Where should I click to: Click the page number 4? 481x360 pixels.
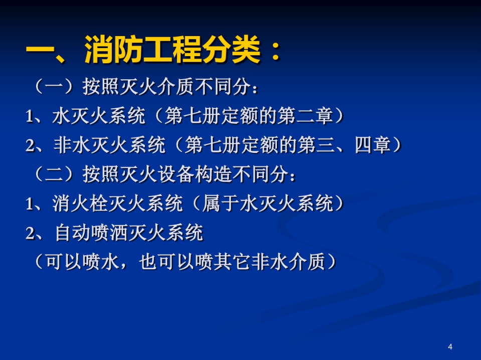(450, 347)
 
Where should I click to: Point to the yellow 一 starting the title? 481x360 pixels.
(39, 50)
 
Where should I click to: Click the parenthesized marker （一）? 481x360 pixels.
(54, 86)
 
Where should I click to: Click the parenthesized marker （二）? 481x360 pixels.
(54, 174)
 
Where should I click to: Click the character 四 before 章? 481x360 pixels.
(364, 145)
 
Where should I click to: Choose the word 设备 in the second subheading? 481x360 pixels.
(176, 174)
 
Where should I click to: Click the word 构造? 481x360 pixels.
(213, 174)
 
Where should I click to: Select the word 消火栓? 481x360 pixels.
(80, 204)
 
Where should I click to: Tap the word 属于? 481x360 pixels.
(220, 204)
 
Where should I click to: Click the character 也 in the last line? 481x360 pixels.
(148, 262)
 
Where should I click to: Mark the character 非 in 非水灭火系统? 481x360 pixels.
(63, 145)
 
